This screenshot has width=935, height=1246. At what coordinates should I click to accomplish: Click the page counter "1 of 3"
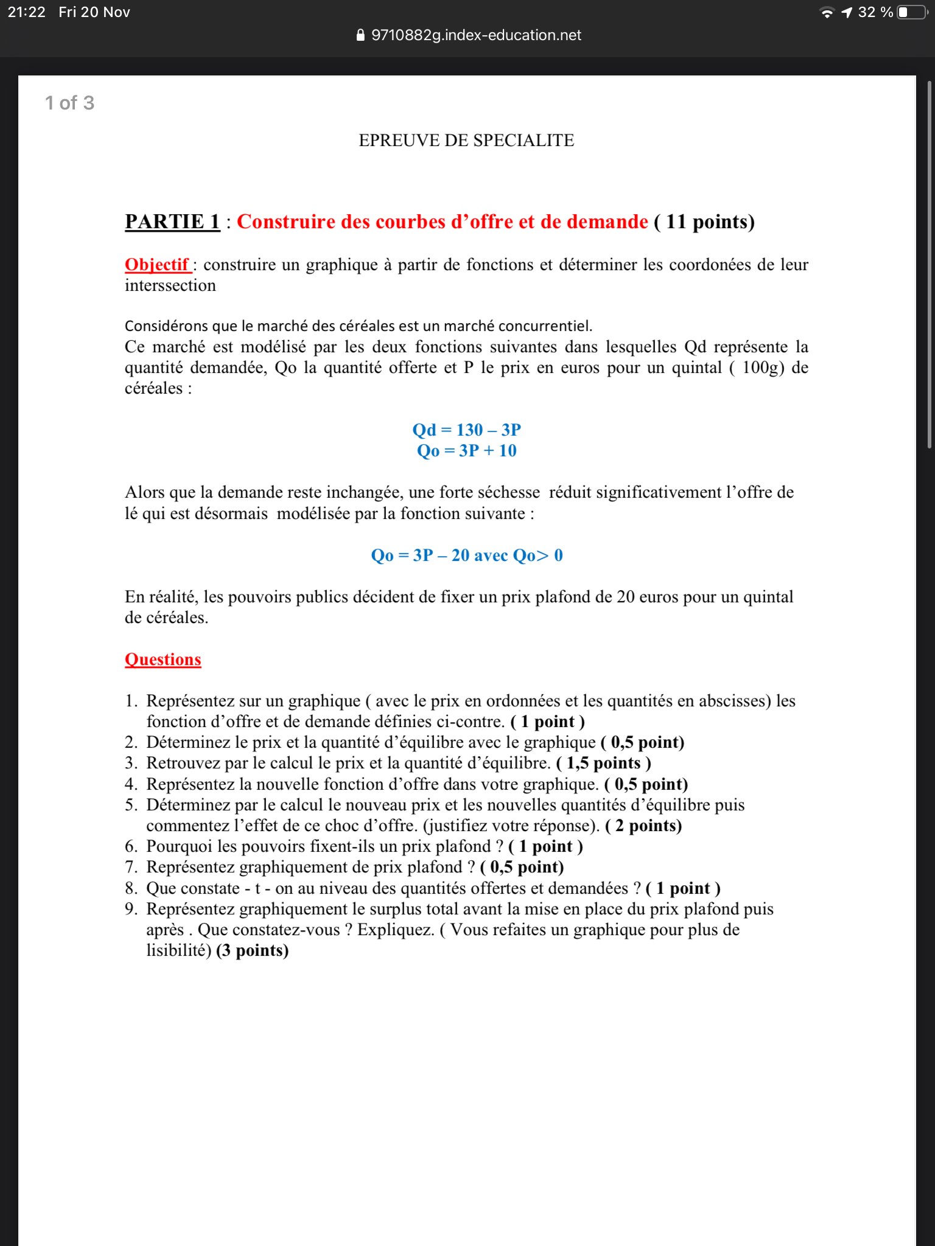click(x=69, y=103)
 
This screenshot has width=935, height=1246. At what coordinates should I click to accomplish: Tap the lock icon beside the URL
click(x=360, y=35)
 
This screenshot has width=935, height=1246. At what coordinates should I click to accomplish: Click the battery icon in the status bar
click(x=911, y=12)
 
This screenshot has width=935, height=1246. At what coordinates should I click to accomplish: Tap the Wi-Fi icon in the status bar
click(x=827, y=13)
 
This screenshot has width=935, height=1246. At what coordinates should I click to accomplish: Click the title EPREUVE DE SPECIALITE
click(x=466, y=141)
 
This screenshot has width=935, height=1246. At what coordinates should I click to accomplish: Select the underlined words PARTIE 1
click(x=172, y=221)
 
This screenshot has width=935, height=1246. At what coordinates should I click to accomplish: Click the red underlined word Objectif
click(x=157, y=265)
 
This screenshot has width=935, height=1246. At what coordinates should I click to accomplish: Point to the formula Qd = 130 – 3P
click(x=466, y=430)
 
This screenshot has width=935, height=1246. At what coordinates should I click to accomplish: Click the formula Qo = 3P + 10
click(x=466, y=451)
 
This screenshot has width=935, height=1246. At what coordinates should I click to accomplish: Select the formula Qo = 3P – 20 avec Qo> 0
click(x=466, y=555)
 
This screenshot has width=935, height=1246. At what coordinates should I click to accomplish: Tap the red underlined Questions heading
click(x=163, y=660)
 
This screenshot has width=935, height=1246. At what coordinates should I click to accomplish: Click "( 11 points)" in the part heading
click(x=704, y=221)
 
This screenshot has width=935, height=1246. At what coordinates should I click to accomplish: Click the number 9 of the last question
click(x=130, y=909)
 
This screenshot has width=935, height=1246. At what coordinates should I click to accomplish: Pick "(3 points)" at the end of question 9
click(x=252, y=951)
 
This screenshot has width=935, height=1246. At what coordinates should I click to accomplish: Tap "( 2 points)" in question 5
click(x=643, y=826)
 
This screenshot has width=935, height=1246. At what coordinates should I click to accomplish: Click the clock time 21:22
click(x=27, y=12)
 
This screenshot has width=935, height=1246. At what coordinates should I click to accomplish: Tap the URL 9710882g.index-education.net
click(x=476, y=35)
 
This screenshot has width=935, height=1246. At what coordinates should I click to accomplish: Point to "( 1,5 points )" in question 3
click(x=603, y=763)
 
